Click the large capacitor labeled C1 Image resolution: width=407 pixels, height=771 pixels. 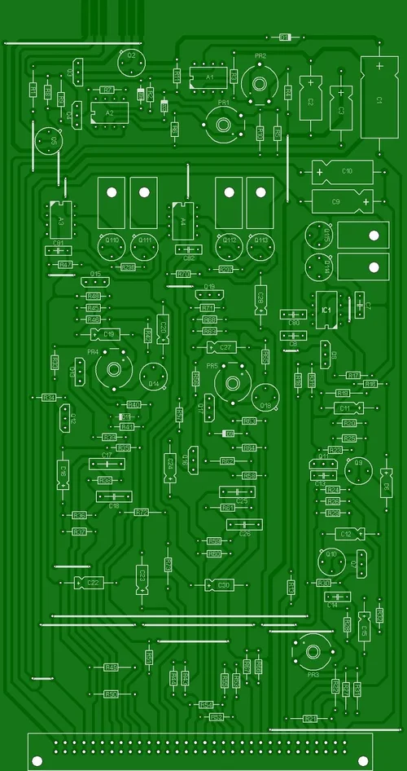(379, 99)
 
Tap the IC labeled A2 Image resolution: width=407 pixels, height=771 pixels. (109, 113)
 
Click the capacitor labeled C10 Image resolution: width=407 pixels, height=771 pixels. (343, 172)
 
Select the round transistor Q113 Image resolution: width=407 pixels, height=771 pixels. (260, 244)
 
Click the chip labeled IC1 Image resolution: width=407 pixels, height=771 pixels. (326, 311)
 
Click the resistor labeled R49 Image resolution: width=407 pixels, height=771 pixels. (111, 667)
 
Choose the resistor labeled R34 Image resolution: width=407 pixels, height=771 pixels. (49, 398)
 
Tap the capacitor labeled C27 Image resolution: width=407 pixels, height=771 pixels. (224, 347)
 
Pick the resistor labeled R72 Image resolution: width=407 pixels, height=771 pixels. (141, 512)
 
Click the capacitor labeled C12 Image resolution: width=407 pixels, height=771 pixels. (345, 534)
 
